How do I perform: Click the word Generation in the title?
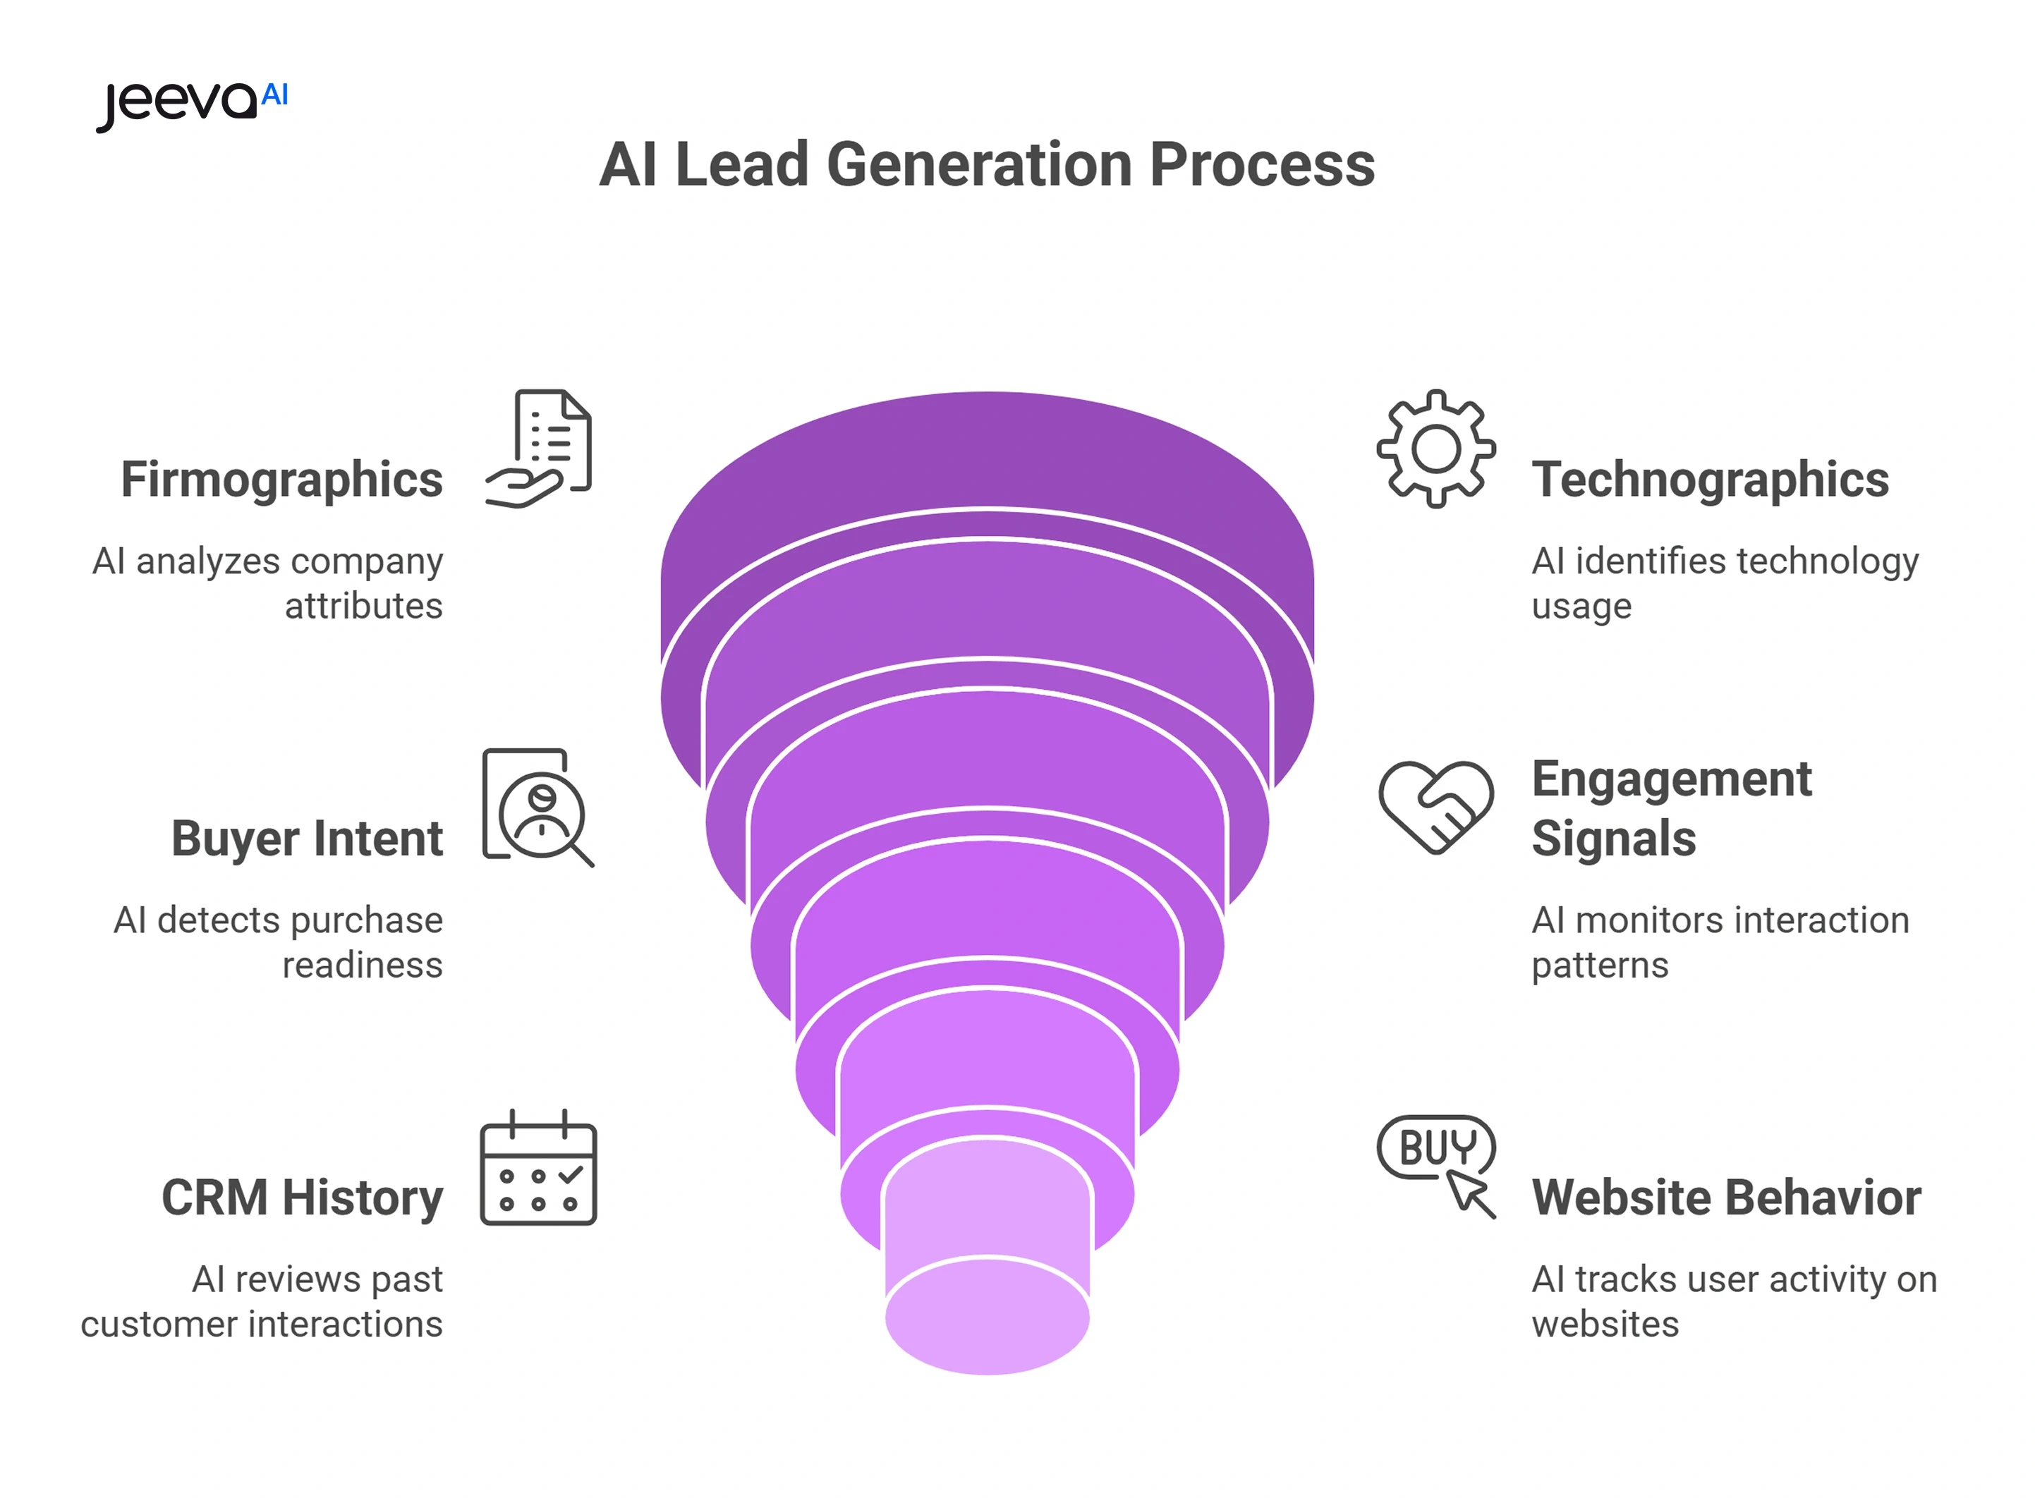tap(980, 165)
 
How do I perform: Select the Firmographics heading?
tap(282, 479)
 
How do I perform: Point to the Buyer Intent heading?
tap(308, 838)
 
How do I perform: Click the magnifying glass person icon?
tap(539, 807)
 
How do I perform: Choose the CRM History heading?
tap(303, 1197)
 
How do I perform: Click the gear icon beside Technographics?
tap(1435, 448)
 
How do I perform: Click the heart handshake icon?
tap(1435, 807)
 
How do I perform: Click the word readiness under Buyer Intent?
tap(363, 965)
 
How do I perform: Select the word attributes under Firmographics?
tap(364, 606)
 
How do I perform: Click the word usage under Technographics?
tap(1581, 606)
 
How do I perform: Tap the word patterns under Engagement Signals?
tap(1600, 965)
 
